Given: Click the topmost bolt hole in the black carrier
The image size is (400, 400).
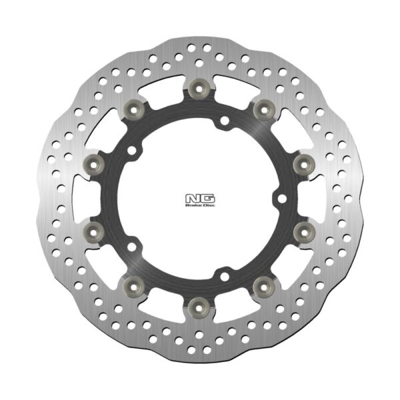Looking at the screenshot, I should tap(225, 121).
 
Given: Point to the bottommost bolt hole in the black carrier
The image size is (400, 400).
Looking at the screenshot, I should tap(225, 273).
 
